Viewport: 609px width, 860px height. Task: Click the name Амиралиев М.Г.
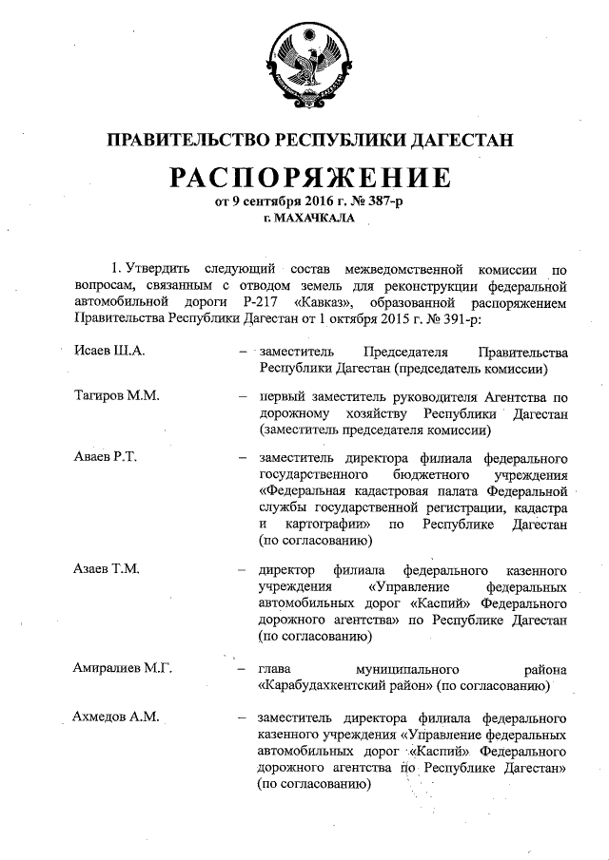[122, 668]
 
